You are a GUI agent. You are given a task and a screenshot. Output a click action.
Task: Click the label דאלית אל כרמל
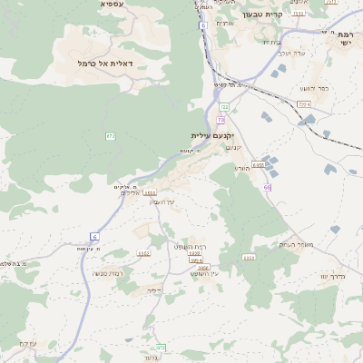(x=107, y=64)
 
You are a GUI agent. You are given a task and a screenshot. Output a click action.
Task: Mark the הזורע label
(x=241, y=168)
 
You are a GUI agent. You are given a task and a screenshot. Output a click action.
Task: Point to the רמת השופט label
(x=191, y=246)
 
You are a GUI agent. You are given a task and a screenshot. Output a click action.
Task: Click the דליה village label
(x=153, y=291)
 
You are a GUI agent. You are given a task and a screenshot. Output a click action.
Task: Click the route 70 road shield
(x=221, y=119)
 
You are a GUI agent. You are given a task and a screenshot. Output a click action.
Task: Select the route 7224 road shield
(x=304, y=104)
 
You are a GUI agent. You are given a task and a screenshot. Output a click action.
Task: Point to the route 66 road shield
(x=268, y=187)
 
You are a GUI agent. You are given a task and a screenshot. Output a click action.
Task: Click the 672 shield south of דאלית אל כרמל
(x=111, y=136)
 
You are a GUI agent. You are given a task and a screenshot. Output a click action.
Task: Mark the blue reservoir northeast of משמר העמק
(x=336, y=230)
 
